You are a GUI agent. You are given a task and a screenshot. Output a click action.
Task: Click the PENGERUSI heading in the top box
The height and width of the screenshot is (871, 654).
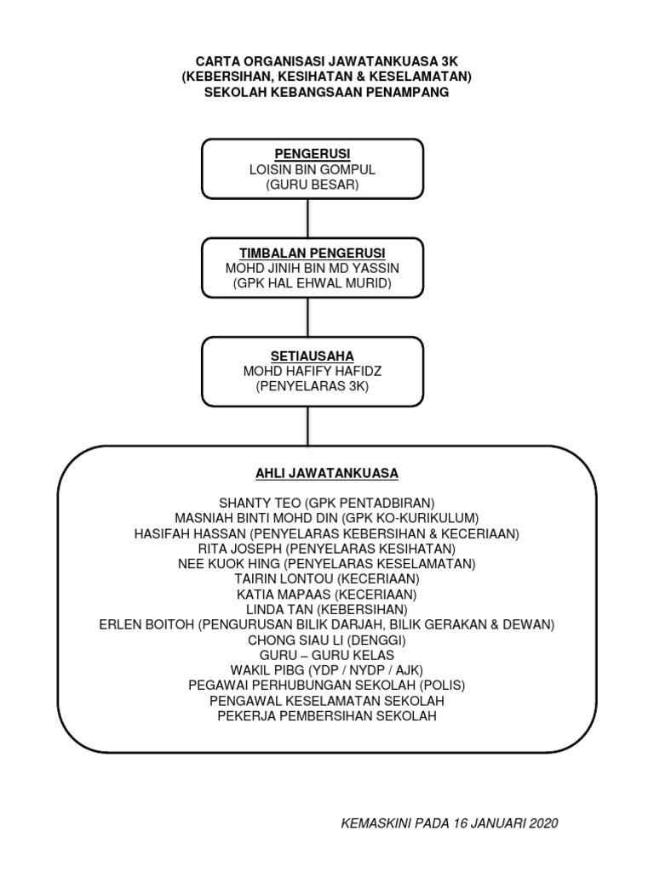[312, 155]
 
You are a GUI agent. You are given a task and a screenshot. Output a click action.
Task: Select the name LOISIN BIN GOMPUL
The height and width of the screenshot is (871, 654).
[312, 169]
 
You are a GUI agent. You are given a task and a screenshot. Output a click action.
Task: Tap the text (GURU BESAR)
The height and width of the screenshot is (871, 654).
[312, 184]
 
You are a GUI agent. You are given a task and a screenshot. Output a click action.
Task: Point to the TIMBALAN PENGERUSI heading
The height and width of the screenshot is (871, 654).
[312, 253]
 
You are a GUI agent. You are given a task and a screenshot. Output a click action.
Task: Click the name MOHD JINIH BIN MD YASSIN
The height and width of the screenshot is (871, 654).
[312, 268]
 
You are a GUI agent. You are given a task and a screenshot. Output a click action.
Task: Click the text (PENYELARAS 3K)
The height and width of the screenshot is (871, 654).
[312, 387]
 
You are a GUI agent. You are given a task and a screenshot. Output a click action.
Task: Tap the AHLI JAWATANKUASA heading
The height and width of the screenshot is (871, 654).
[326, 472]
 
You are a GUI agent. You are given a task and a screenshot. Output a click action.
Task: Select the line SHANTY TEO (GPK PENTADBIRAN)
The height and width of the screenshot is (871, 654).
[326, 503]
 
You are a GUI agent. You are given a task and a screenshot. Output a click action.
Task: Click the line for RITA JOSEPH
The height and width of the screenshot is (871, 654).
[326, 549]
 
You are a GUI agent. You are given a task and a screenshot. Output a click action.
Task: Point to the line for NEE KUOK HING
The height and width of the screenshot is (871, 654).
[326, 563]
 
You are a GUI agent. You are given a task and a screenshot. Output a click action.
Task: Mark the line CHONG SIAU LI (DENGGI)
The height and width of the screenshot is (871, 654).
[326, 640]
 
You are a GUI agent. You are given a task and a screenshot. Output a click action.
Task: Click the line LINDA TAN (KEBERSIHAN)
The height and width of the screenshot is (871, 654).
[326, 609]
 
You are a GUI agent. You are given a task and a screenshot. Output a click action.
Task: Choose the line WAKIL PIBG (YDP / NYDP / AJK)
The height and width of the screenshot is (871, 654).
[326, 670]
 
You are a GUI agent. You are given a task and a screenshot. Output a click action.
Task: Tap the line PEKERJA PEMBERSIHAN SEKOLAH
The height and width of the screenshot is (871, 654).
[326, 716]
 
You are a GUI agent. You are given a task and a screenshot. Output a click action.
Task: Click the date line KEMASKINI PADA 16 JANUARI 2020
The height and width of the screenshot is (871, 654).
[450, 823]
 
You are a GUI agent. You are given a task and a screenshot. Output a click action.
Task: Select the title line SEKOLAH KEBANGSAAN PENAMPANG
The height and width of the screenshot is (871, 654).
[326, 92]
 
